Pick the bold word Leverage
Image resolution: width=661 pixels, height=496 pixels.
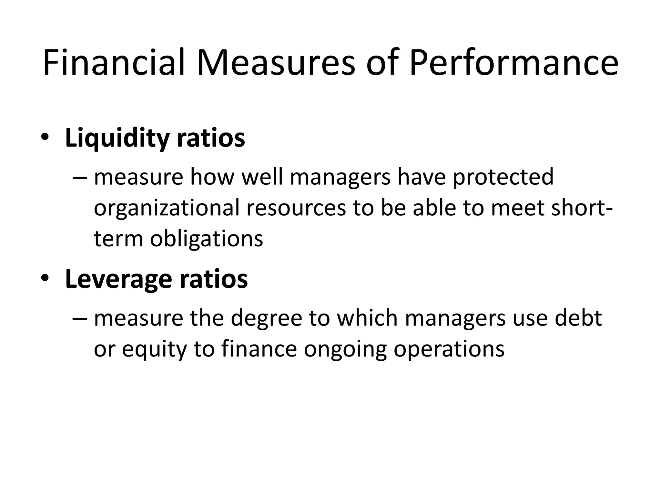click(118, 280)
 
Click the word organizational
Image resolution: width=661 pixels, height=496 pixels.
click(167, 208)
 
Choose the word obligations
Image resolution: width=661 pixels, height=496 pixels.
click(207, 239)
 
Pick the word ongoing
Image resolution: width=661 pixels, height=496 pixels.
click(345, 349)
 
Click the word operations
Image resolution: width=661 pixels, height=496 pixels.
click(449, 349)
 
